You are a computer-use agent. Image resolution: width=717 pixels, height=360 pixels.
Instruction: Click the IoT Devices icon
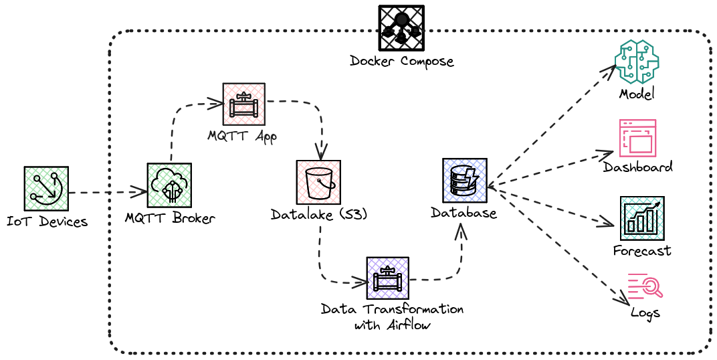pyautogui.click(x=46, y=189)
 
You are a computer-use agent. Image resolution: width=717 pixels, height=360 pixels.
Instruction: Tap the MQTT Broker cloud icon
pyautogui.click(x=169, y=185)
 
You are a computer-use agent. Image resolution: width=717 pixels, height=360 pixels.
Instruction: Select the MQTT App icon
pyautogui.click(x=243, y=104)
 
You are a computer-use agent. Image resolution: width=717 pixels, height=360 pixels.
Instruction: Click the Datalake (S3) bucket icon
pyautogui.click(x=318, y=182)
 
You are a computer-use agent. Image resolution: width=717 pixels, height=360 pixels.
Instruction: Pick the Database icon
pyautogui.click(x=464, y=180)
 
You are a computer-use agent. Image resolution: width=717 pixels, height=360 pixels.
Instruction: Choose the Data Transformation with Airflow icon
pyautogui.click(x=387, y=278)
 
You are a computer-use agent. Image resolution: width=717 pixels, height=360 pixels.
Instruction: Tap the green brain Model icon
pyautogui.click(x=637, y=62)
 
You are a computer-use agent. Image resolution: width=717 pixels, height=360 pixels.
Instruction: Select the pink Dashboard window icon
pyautogui.click(x=637, y=138)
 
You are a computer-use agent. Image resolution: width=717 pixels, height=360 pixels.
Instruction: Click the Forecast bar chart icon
pyautogui.click(x=642, y=218)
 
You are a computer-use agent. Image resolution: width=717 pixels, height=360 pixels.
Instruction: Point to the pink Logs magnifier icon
pyautogui.click(x=645, y=286)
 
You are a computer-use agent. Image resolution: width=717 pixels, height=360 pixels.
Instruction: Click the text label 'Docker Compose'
pyautogui.click(x=401, y=62)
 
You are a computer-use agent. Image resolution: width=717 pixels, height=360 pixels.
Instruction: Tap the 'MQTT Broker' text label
pyautogui.click(x=170, y=218)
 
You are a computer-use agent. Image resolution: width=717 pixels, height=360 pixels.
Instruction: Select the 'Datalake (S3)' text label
pyautogui.click(x=319, y=215)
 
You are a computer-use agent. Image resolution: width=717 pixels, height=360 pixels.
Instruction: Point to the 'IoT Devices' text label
pyautogui.click(x=47, y=221)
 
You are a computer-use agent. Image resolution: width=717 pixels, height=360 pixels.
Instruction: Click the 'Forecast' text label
pyautogui.click(x=642, y=251)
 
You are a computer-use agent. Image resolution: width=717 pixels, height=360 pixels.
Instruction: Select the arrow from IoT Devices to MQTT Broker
pyautogui.click(x=107, y=192)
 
